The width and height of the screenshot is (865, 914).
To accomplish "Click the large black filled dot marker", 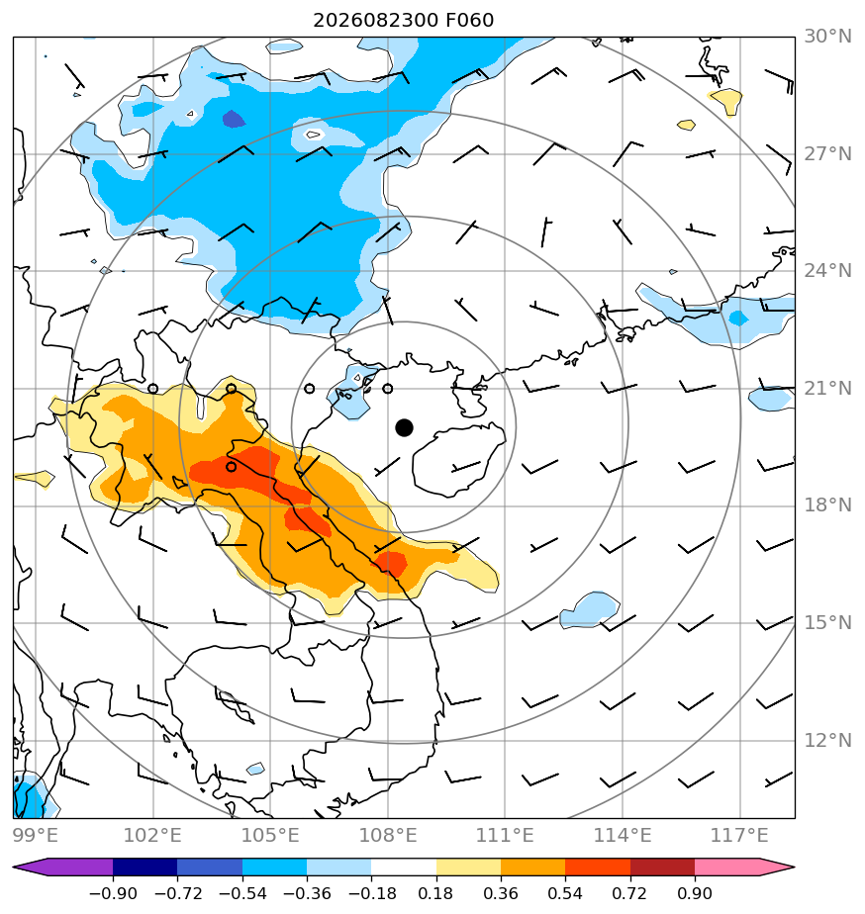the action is click(404, 427).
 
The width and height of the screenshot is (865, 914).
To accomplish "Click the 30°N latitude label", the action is click(827, 37).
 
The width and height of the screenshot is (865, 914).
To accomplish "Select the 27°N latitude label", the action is click(827, 154).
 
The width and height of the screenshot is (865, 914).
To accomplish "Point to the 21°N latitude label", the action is click(827, 388).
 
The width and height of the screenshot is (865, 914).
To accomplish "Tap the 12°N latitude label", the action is click(827, 740).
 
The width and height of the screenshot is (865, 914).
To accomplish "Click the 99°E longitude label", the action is click(36, 835).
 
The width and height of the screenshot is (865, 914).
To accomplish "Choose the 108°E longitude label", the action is click(388, 835).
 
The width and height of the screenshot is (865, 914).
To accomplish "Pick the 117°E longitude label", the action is click(739, 835).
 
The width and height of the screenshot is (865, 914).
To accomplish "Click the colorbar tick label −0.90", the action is click(113, 893).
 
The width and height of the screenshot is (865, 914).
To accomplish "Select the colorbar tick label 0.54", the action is click(565, 893).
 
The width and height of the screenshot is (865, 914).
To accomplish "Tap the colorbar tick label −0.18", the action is click(371, 893).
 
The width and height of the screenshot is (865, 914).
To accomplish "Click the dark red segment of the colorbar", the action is click(662, 867).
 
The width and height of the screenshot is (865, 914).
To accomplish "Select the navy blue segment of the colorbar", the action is click(144, 867).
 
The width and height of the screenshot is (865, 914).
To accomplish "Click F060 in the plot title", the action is click(469, 21).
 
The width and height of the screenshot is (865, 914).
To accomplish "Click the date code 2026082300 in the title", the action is click(375, 21).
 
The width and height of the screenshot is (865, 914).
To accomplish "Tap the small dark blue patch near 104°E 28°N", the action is click(234, 119).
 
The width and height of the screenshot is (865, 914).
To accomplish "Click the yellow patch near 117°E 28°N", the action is click(726, 101).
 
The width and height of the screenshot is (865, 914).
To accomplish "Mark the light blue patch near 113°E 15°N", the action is click(590, 609).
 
